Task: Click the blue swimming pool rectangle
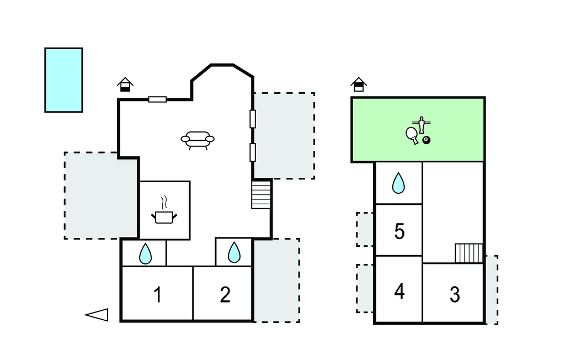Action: [x=63, y=80]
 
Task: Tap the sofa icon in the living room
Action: [x=197, y=140]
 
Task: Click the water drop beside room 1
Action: [x=145, y=254]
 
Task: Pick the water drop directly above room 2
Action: [x=234, y=253]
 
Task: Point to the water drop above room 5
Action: [x=398, y=183]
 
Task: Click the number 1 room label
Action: [x=158, y=295]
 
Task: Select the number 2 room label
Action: [x=225, y=295]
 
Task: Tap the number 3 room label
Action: [x=455, y=294]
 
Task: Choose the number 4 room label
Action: [x=399, y=291]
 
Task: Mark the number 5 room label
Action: [x=399, y=231]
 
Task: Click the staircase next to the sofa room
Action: [x=261, y=195]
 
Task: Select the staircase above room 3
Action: [x=468, y=253]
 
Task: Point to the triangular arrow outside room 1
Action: [x=97, y=315]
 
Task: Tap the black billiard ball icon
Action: [x=426, y=140]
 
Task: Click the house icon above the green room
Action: [x=359, y=84]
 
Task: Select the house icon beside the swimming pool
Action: [x=126, y=84]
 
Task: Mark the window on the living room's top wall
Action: [x=157, y=99]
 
